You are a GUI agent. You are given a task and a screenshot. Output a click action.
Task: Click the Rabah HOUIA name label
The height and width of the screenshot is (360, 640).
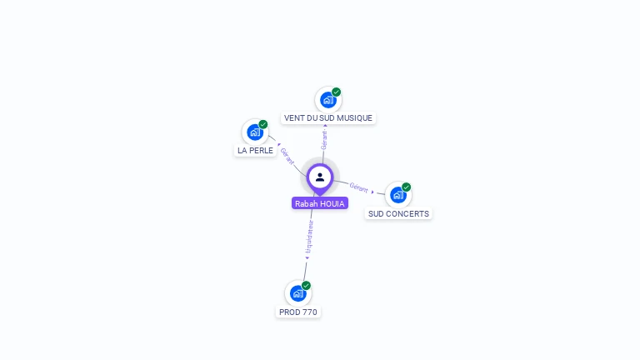tap(320, 203)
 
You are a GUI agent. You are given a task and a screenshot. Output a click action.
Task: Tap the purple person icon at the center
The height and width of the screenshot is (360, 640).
tap(320, 177)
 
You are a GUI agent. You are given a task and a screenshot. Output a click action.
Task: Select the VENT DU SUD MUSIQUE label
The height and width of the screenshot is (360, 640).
tap(328, 118)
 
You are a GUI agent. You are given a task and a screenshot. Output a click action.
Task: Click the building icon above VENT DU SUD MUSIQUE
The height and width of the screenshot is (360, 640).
tap(328, 100)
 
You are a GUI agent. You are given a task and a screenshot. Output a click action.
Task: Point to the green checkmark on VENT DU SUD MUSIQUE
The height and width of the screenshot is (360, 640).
tap(337, 92)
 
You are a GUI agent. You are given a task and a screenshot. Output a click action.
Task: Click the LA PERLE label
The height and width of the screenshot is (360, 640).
tap(255, 151)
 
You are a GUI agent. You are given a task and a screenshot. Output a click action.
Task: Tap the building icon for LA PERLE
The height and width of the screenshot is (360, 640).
tap(255, 132)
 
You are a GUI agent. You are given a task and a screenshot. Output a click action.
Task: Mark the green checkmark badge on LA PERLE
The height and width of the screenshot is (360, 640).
tap(263, 124)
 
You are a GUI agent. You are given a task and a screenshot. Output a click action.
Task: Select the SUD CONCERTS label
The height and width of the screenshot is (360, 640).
tap(398, 214)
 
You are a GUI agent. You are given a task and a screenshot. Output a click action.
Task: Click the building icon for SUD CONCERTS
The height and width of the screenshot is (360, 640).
tap(398, 195)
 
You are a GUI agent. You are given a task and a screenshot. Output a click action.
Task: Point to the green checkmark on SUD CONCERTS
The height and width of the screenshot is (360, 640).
tap(407, 187)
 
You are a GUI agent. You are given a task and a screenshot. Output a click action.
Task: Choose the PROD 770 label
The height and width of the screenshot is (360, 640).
tap(298, 312)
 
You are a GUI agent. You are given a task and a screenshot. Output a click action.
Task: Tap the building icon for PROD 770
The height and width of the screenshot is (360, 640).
tap(298, 293)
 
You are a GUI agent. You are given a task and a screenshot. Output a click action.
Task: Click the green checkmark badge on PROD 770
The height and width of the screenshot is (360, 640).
tap(307, 286)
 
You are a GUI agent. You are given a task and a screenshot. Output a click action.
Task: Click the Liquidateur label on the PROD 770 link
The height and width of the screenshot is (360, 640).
tap(309, 236)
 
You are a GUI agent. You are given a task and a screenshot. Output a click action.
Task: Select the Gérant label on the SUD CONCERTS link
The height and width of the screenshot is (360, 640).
tap(358, 187)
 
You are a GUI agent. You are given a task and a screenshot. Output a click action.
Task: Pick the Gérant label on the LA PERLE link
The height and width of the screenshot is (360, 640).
tap(287, 156)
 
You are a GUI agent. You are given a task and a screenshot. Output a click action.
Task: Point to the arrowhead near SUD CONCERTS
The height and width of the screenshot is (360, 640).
tap(373, 192)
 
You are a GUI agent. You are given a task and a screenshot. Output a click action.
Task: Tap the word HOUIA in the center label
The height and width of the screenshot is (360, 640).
tap(332, 203)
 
